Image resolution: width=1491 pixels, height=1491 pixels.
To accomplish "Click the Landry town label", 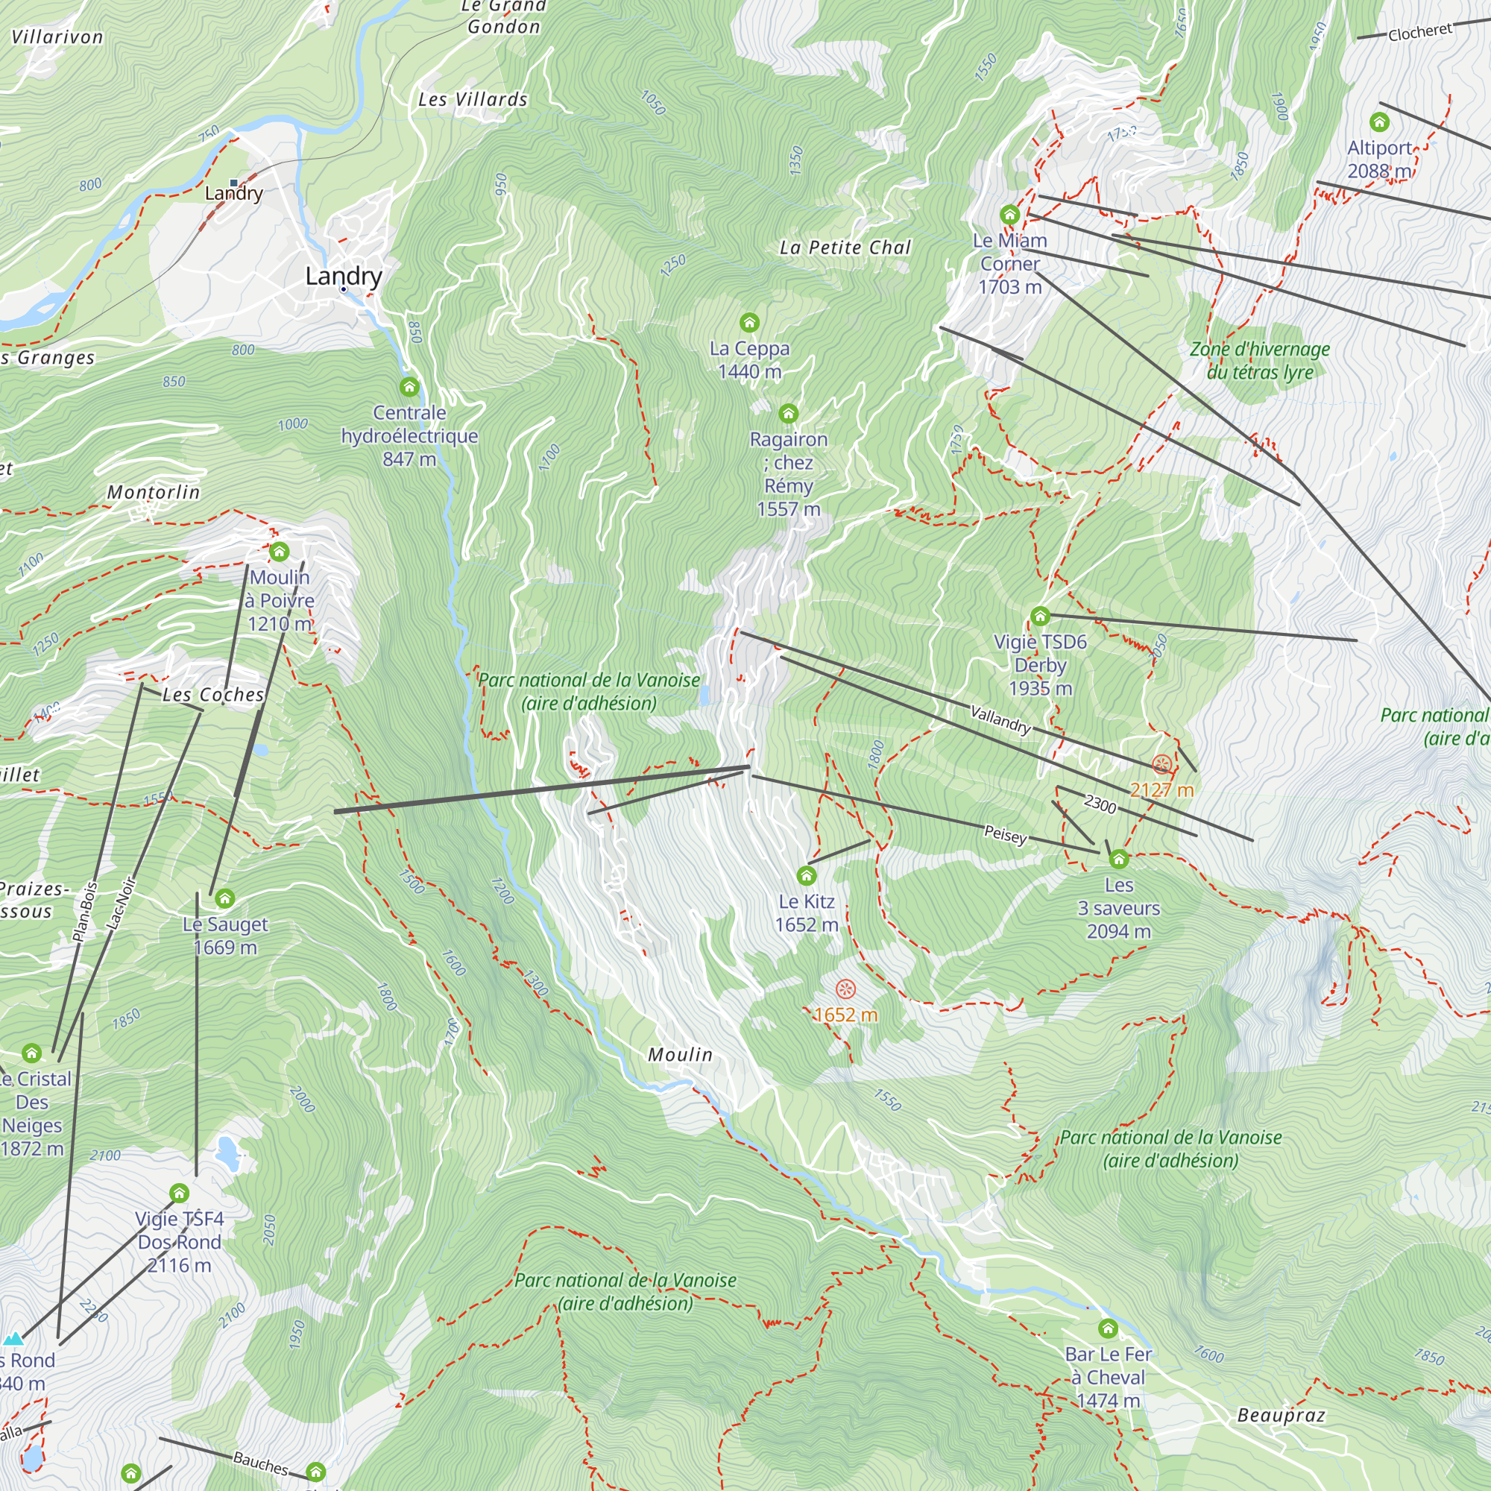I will tap(344, 276).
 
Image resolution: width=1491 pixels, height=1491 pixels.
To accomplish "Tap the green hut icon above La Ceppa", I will tap(749, 323).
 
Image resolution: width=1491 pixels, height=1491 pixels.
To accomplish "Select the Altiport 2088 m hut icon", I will tap(1379, 122).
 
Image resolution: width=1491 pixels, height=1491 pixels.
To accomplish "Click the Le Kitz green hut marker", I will tap(807, 875).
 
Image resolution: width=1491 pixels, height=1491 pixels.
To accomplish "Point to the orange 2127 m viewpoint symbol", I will tap(1161, 765).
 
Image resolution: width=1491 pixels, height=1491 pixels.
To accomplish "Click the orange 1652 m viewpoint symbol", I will tap(846, 989).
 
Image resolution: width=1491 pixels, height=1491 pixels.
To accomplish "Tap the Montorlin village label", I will tap(154, 492).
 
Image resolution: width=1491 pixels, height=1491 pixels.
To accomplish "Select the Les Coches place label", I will tap(213, 695).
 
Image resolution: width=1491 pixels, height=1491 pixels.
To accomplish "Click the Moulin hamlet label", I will tap(680, 1054).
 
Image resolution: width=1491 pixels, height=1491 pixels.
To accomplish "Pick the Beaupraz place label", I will tap(1281, 1416).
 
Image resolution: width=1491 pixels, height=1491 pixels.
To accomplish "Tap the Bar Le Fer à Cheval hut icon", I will tap(1109, 1328).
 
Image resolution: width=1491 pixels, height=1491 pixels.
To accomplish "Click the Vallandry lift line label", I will tap(1000, 719).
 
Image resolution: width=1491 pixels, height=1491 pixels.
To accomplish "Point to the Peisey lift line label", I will tap(1006, 834).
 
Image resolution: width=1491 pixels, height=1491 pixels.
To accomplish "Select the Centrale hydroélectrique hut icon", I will tap(409, 387).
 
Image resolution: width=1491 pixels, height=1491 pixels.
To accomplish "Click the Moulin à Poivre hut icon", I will tap(280, 552).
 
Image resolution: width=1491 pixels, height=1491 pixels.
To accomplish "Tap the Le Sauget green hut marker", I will tap(224, 898).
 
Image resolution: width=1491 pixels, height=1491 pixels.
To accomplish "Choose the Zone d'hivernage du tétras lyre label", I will tap(1259, 360).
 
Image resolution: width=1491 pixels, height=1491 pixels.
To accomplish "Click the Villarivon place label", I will tap(57, 37).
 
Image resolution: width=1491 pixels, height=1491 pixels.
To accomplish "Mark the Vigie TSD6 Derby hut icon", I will tap(1040, 616).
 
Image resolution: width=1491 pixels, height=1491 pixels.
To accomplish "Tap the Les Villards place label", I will tap(473, 100).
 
